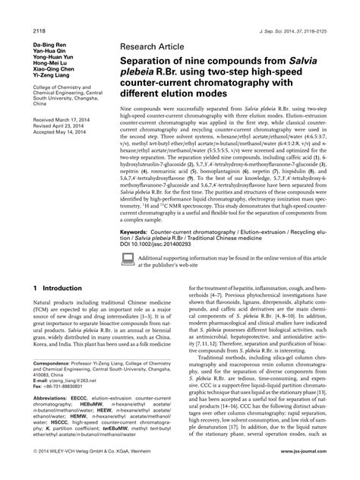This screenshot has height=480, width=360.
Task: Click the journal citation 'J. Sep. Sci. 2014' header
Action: pyautogui.click(x=305, y=9)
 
